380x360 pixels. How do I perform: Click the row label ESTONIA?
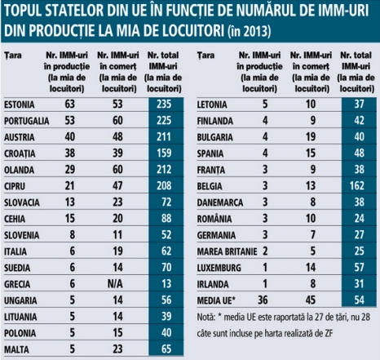(20, 104)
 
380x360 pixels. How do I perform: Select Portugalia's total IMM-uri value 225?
(164, 121)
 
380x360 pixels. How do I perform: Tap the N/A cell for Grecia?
(115, 284)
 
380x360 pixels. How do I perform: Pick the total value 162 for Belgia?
(357, 186)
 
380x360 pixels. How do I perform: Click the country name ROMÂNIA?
(214, 219)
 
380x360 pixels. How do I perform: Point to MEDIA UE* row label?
(216, 300)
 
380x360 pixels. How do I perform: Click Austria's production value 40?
(69, 137)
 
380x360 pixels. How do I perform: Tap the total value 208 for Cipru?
(164, 186)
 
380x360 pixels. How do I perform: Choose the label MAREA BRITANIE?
(227, 251)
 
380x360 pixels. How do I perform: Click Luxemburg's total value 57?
(359, 268)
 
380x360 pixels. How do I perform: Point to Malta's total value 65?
(166, 349)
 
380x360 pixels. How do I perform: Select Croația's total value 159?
(164, 153)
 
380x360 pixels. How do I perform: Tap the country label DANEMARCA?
(220, 202)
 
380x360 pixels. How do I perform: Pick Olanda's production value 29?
(69, 170)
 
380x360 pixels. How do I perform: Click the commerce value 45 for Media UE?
(311, 300)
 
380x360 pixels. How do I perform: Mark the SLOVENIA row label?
(21, 235)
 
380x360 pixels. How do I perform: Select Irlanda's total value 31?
(359, 284)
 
